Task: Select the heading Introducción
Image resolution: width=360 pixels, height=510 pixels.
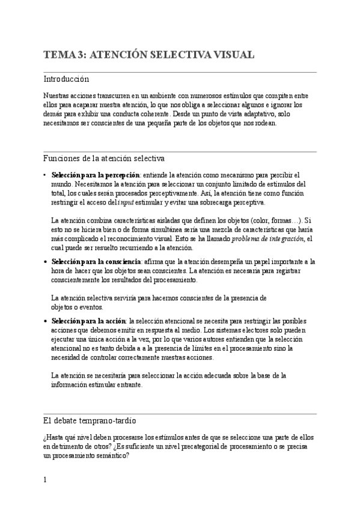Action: [66, 79]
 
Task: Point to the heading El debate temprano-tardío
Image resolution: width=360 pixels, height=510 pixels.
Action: [93, 420]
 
